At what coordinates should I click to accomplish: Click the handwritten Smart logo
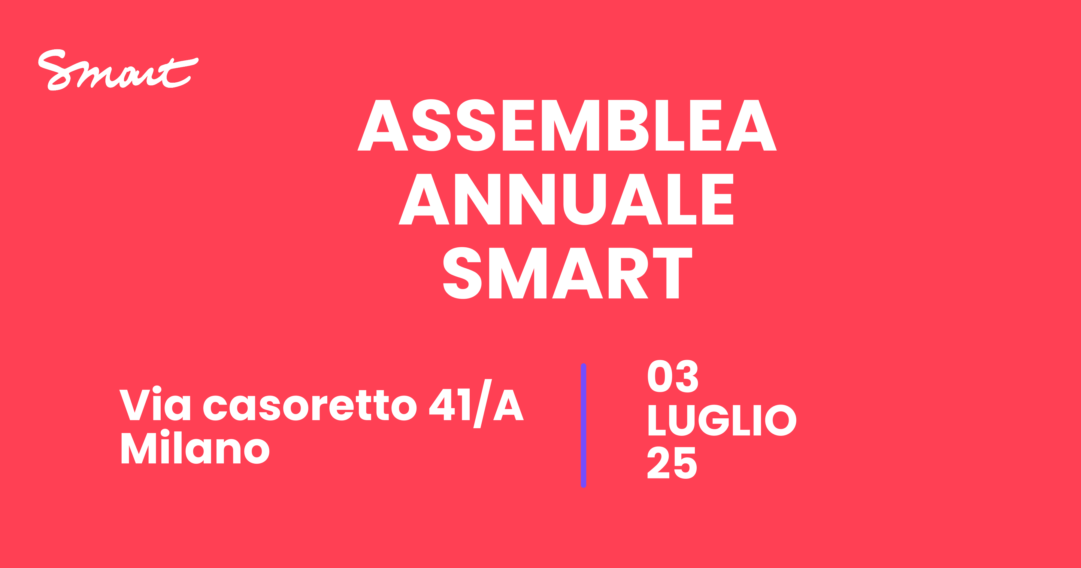click(x=118, y=70)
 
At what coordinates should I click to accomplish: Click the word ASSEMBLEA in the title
click(x=567, y=125)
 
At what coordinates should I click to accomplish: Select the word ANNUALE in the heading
click(x=566, y=199)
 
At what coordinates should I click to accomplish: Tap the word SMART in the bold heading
click(x=567, y=273)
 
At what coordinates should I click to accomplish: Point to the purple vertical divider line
click(x=583, y=425)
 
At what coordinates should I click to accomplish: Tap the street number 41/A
click(x=476, y=404)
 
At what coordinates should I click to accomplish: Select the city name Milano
click(x=195, y=447)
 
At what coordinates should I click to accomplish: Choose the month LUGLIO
click(x=722, y=420)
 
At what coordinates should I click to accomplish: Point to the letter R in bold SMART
click(x=628, y=273)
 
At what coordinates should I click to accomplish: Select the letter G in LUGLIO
click(x=713, y=420)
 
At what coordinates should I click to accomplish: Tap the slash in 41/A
click(x=483, y=404)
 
